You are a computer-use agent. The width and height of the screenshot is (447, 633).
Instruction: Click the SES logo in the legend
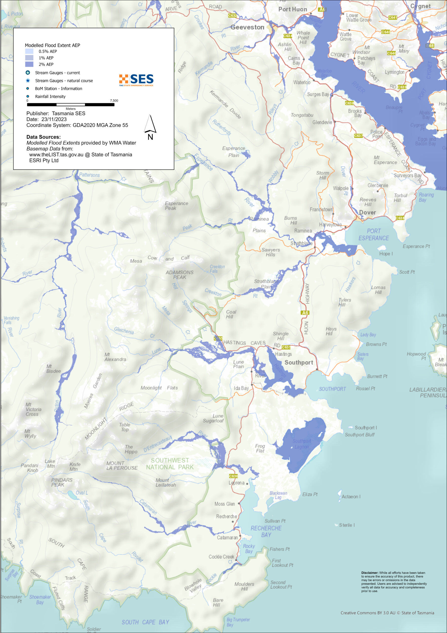pyautogui.click(x=136, y=80)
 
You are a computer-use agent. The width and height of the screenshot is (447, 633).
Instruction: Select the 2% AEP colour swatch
pyautogui.click(x=29, y=64)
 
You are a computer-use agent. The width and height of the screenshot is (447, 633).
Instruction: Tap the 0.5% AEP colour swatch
pyautogui.click(x=29, y=51)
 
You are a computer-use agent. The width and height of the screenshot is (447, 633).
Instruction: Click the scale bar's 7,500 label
pyautogui.click(x=114, y=101)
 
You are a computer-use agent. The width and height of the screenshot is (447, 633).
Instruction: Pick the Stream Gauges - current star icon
pyautogui.click(x=28, y=73)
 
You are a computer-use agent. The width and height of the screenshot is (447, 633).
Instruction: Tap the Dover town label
pyautogui.click(x=367, y=212)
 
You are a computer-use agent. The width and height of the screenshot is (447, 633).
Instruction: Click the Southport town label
pyautogui.click(x=299, y=362)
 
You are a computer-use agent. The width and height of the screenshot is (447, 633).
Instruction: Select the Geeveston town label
pyautogui.click(x=247, y=27)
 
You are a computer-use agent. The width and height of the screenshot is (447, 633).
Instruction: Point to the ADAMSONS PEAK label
pyautogui.click(x=180, y=275)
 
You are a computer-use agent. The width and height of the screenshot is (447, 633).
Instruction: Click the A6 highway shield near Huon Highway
pyautogui.click(x=305, y=313)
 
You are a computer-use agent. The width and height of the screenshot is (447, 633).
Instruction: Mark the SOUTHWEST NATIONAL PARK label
pyautogui.click(x=170, y=464)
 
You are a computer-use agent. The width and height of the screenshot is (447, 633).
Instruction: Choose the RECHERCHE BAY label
pyautogui.click(x=266, y=531)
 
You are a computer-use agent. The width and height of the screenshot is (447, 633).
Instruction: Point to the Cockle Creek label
pyautogui.click(x=221, y=557)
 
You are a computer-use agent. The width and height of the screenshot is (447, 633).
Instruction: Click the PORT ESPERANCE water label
pyautogui.click(x=373, y=235)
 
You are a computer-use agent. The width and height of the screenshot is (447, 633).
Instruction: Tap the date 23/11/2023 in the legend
pyautogui.click(x=54, y=119)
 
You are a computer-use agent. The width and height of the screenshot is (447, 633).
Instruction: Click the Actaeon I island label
pyautogui.click(x=351, y=497)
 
